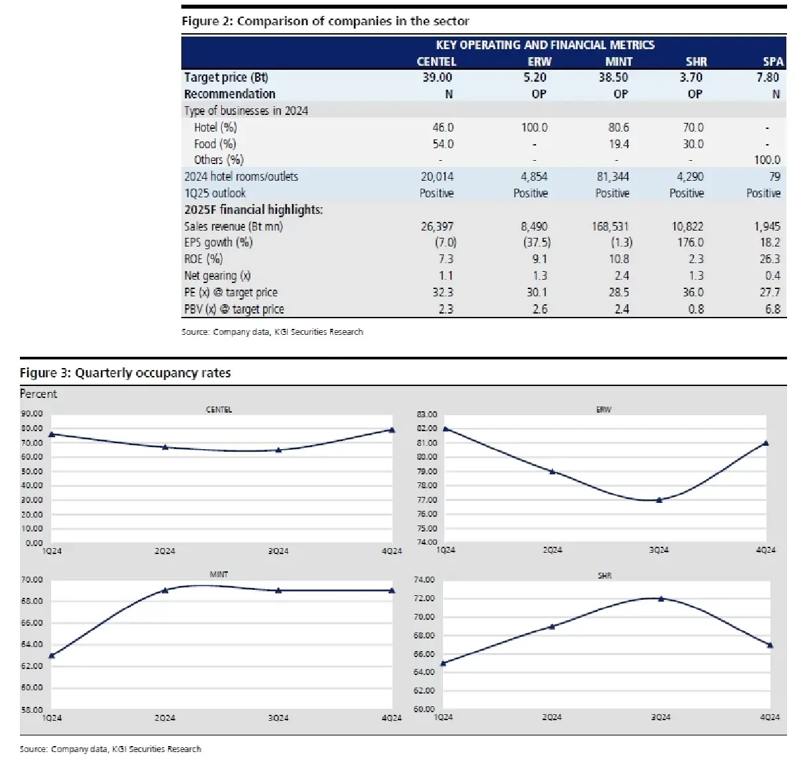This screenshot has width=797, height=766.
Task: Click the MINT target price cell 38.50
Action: pos(612,78)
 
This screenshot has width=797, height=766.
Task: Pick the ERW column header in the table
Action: pos(539,61)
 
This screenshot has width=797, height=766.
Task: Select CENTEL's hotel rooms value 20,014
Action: pos(436,177)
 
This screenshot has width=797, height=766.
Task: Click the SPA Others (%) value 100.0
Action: pos(766,160)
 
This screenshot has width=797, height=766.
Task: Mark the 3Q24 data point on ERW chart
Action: pos(659,500)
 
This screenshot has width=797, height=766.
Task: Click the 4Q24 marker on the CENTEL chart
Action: pos(392,430)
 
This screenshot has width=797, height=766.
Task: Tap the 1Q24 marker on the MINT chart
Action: pos(52,655)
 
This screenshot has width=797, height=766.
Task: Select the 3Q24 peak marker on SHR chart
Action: pos(660,599)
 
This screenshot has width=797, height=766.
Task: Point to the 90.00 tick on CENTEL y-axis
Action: pos(32,413)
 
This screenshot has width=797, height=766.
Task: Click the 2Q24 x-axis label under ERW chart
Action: pos(552,550)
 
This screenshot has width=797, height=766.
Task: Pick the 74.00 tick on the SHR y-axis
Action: pos(424,580)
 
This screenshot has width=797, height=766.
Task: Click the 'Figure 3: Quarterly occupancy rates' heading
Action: pos(125,373)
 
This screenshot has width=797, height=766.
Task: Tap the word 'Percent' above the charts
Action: pos(39,394)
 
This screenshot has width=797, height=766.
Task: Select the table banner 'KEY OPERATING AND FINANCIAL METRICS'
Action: pos(545,45)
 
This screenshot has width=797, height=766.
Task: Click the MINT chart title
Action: pos(219,574)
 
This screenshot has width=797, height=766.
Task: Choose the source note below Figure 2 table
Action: pos(272,332)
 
